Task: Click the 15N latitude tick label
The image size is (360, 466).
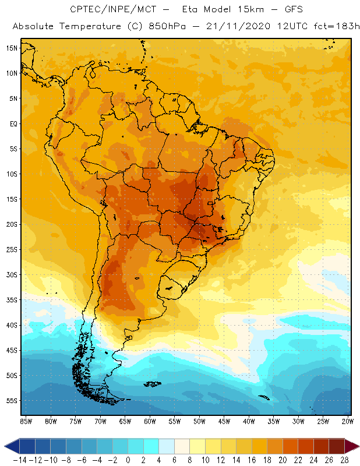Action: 12,48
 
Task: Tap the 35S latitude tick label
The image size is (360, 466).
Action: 12,300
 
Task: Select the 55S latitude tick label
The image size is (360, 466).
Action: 12,401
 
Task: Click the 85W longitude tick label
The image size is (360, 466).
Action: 26,421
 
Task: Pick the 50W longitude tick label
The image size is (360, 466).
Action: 200,421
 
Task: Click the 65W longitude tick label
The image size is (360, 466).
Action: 125,421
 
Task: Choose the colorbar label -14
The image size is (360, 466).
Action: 19,460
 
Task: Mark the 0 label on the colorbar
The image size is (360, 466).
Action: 128,460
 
